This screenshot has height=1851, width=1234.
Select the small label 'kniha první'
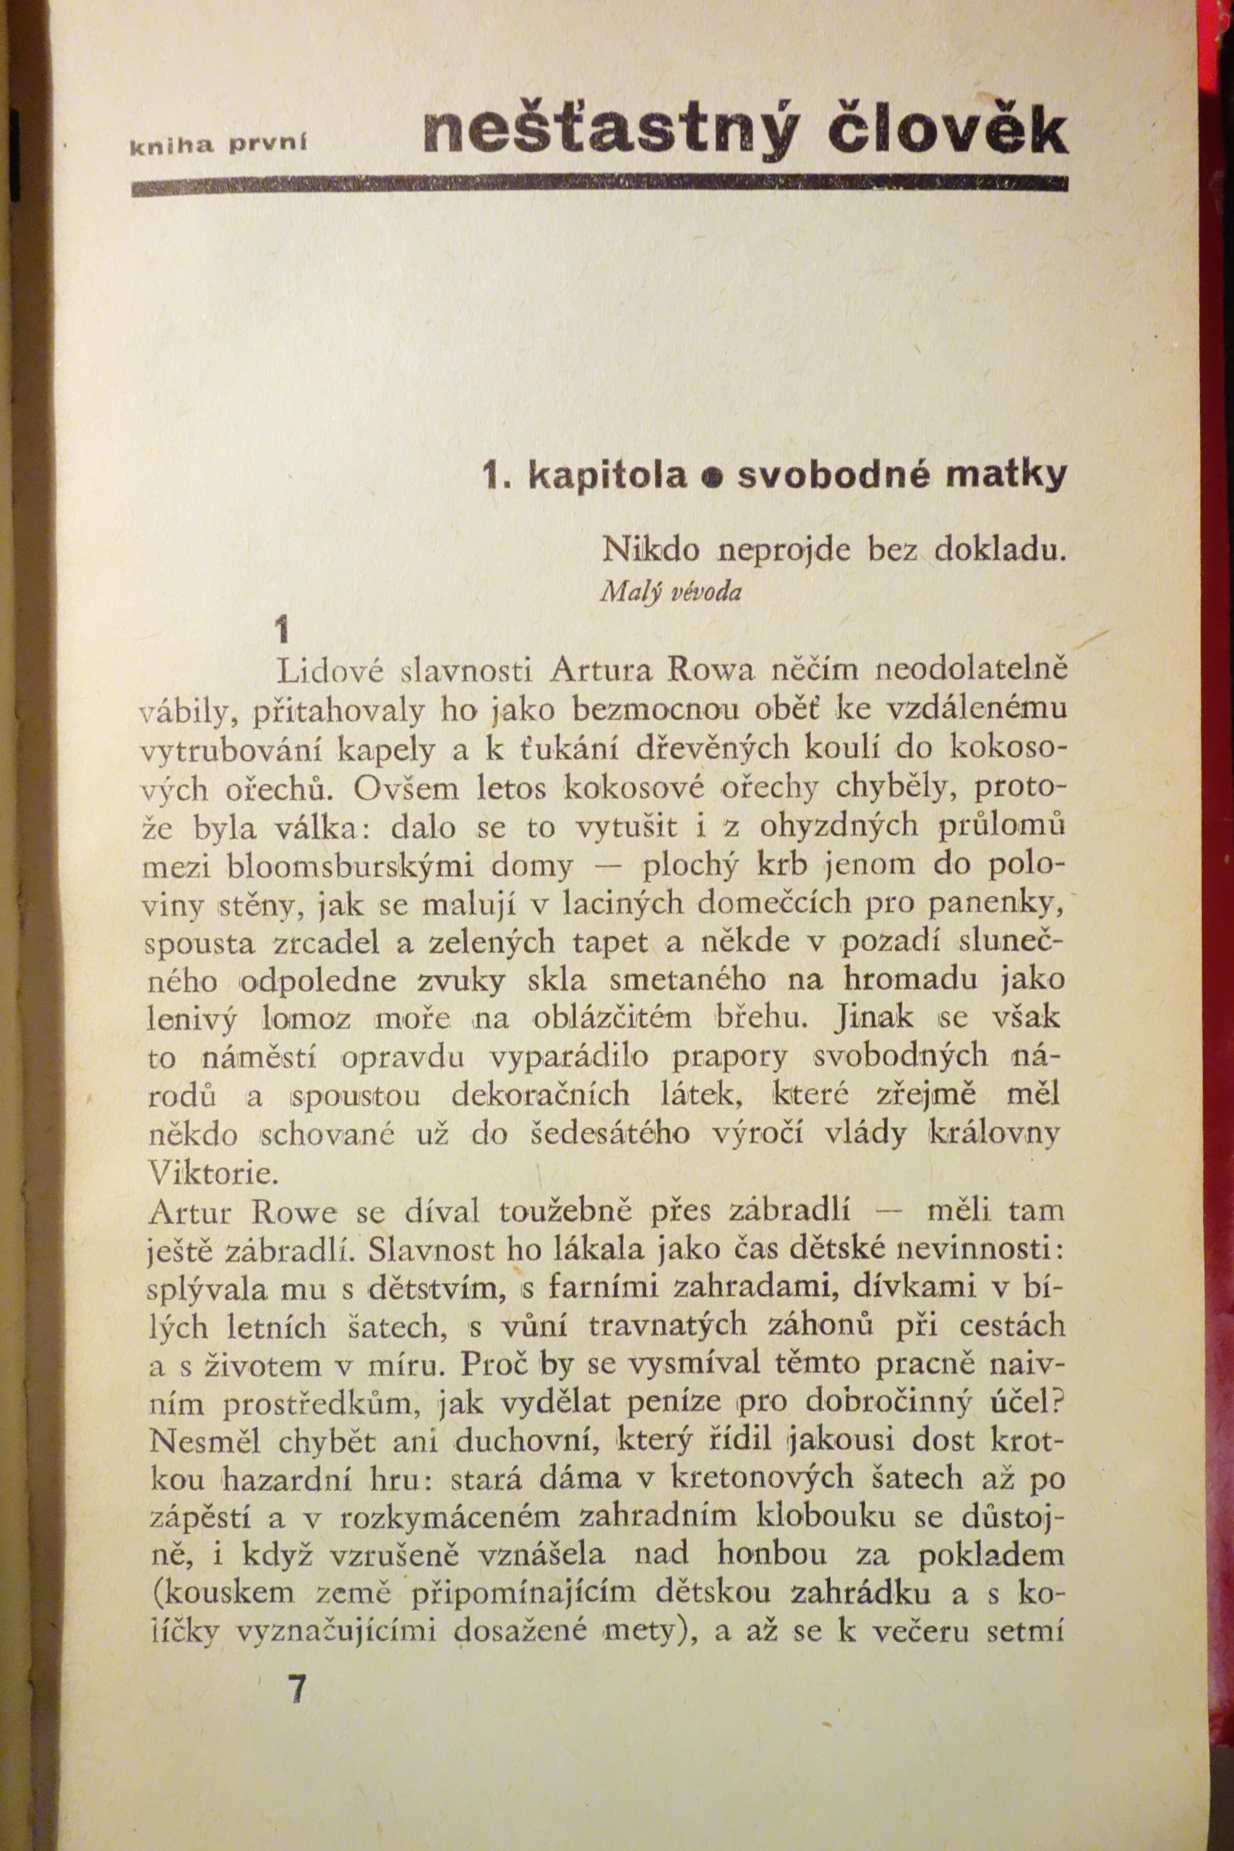pyautogui.click(x=218, y=144)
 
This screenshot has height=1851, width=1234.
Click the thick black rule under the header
pyautogui.click(x=600, y=186)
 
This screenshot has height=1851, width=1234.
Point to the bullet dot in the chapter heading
pyautogui.click(x=712, y=478)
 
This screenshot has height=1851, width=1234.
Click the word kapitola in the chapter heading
pyautogui.click(x=607, y=476)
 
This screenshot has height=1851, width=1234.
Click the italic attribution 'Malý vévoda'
pyautogui.click(x=671, y=592)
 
